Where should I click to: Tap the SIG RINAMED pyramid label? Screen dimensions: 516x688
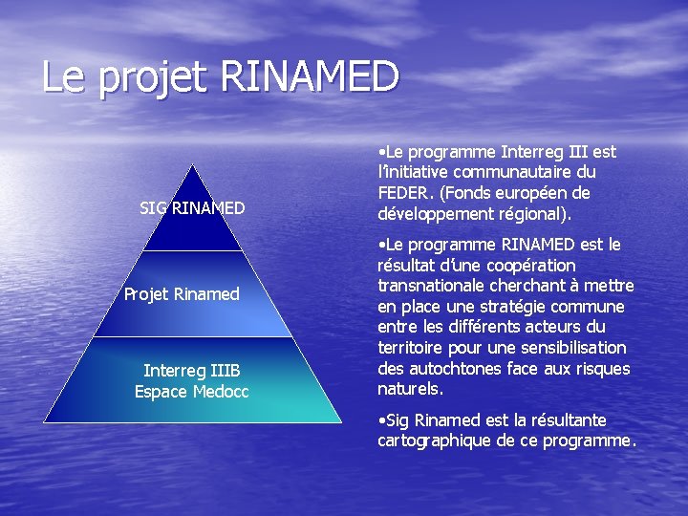[192, 207]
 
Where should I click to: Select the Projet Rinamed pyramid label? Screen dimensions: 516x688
[182, 294]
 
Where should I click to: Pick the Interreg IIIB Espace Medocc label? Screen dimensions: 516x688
[191, 380]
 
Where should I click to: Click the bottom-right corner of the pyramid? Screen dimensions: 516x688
[340, 421]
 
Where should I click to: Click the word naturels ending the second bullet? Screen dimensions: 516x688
[410, 390]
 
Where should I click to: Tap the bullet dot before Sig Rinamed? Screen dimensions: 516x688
[381, 420]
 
